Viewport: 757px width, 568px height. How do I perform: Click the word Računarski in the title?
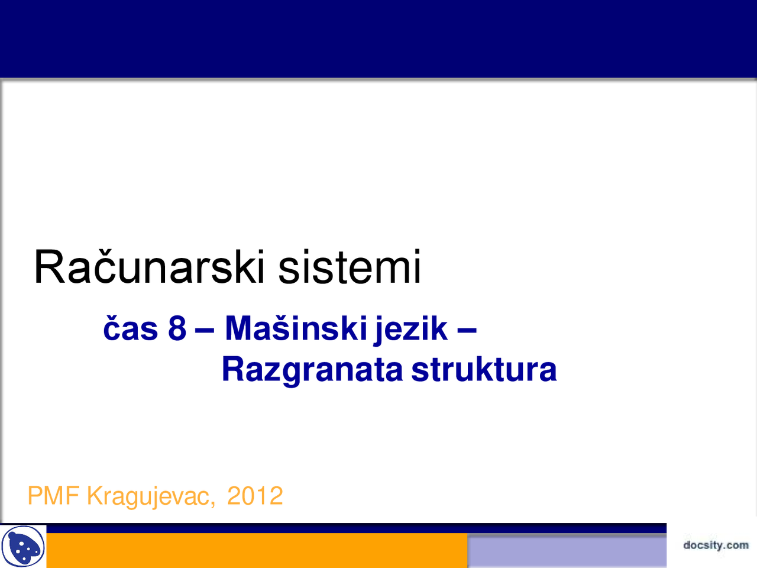(x=148, y=267)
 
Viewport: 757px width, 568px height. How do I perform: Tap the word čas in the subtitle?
(x=130, y=329)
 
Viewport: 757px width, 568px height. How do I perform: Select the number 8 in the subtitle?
(x=177, y=329)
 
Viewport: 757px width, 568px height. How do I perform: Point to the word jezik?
(x=411, y=329)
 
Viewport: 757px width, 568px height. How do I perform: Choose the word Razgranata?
(x=312, y=370)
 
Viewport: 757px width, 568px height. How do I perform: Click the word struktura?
(x=484, y=370)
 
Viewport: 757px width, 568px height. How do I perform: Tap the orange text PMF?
(x=53, y=496)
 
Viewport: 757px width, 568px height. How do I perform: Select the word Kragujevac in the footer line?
(x=148, y=496)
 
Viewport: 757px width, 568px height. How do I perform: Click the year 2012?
(x=255, y=496)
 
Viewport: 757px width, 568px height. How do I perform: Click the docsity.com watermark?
(x=716, y=545)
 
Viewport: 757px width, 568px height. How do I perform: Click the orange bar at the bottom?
(x=254, y=551)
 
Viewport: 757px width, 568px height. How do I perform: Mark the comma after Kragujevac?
(x=212, y=503)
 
